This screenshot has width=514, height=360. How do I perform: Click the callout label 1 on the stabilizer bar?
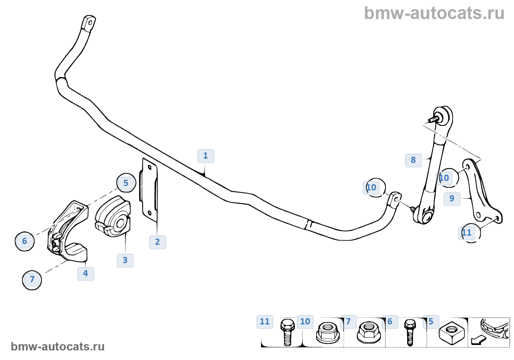206,156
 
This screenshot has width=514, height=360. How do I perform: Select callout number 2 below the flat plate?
158,242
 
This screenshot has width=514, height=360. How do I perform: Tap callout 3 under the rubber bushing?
125,261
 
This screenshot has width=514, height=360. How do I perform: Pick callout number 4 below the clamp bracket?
86,274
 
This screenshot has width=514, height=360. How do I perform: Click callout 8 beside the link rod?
413,160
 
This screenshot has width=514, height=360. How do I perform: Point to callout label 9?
452,199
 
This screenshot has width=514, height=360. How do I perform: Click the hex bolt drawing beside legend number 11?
287,332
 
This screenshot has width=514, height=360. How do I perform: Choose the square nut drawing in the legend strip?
452,333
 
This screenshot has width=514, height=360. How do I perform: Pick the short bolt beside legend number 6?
410,332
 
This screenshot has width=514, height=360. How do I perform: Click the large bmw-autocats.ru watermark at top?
434,13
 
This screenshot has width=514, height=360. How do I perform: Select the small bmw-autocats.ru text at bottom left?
58,347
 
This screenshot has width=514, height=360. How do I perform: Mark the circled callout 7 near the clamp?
32,280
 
